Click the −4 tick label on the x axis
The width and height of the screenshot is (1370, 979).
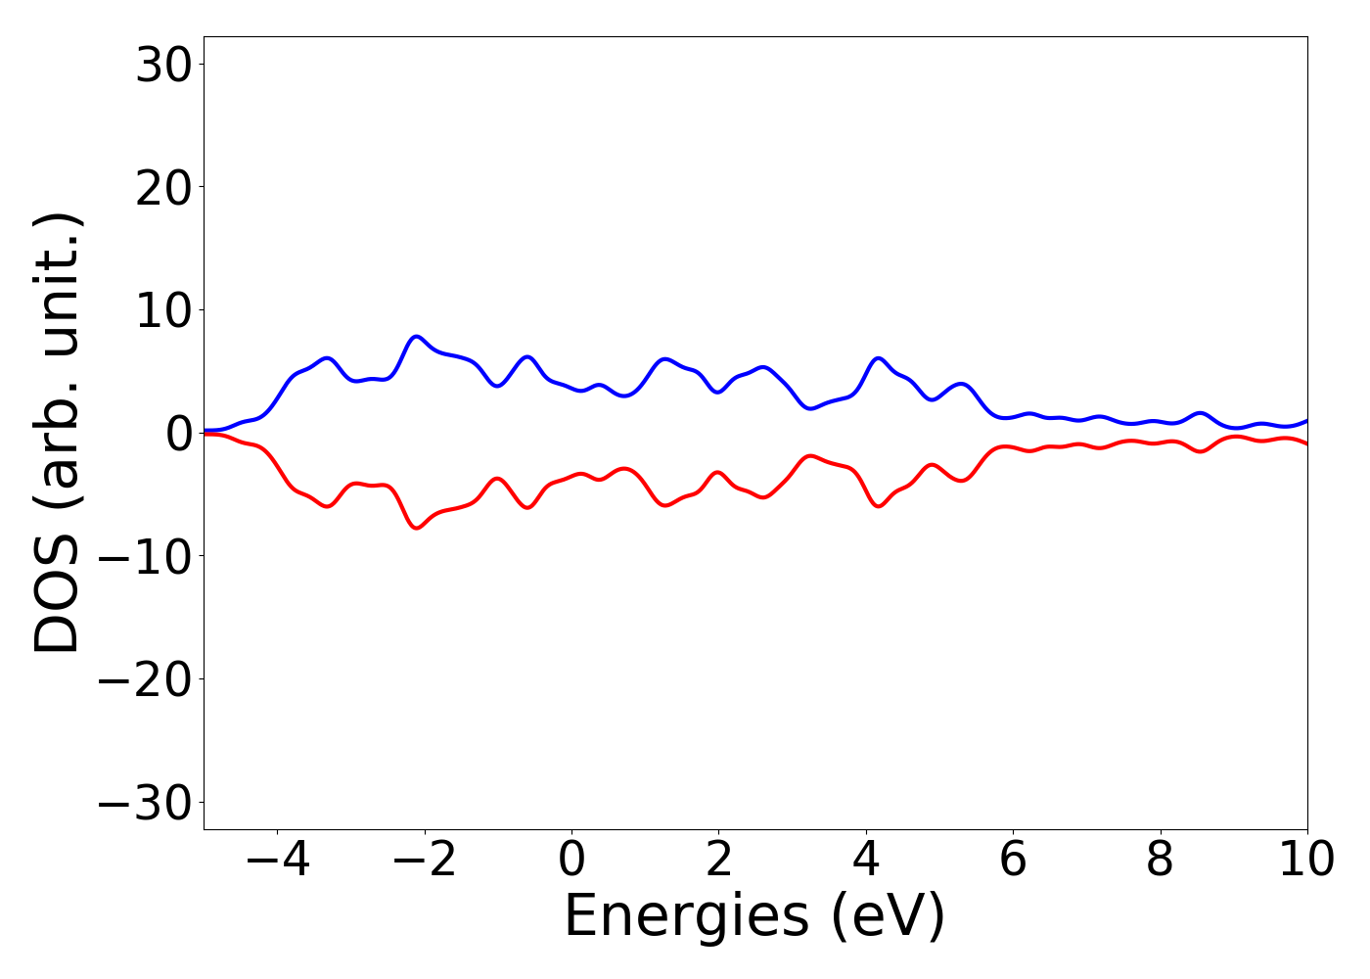pyautogui.click(x=278, y=860)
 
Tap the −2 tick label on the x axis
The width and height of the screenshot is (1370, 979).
pyautogui.click(x=425, y=860)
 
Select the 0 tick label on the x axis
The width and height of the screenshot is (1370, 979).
pyautogui.click(x=571, y=860)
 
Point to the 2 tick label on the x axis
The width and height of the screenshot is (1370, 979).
pyautogui.click(x=718, y=860)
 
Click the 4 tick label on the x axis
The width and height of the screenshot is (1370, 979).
pyautogui.click(x=865, y=860)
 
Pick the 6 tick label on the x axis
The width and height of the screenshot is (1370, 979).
pyautogui.click(x=1013, y=860)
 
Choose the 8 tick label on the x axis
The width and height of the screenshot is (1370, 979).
pyautogui.click(x=1160, y=860)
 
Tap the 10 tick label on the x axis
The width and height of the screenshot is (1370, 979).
pyautogui.click(x=1306, y=860)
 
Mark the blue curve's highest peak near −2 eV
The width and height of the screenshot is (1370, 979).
pyautogui.click(x=417, y=336)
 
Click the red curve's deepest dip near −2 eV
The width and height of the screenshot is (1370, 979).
pyautogui.click(x=417, y=528)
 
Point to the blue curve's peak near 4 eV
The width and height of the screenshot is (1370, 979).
pyautogui.click(x=879, y=358)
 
